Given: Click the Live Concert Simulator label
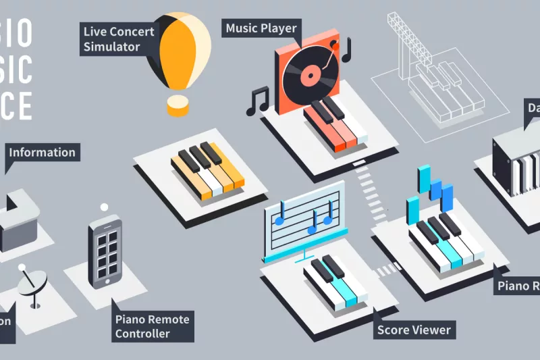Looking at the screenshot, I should tap(119, 39).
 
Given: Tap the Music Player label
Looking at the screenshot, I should tap(261, 28).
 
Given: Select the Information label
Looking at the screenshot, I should tap(42, 152).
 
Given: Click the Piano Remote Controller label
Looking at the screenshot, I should tap(153, 326).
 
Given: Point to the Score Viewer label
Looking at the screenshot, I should tap(414, 330).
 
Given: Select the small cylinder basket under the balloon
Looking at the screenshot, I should tap(178, 105).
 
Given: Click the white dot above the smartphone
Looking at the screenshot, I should tap(104, 207).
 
